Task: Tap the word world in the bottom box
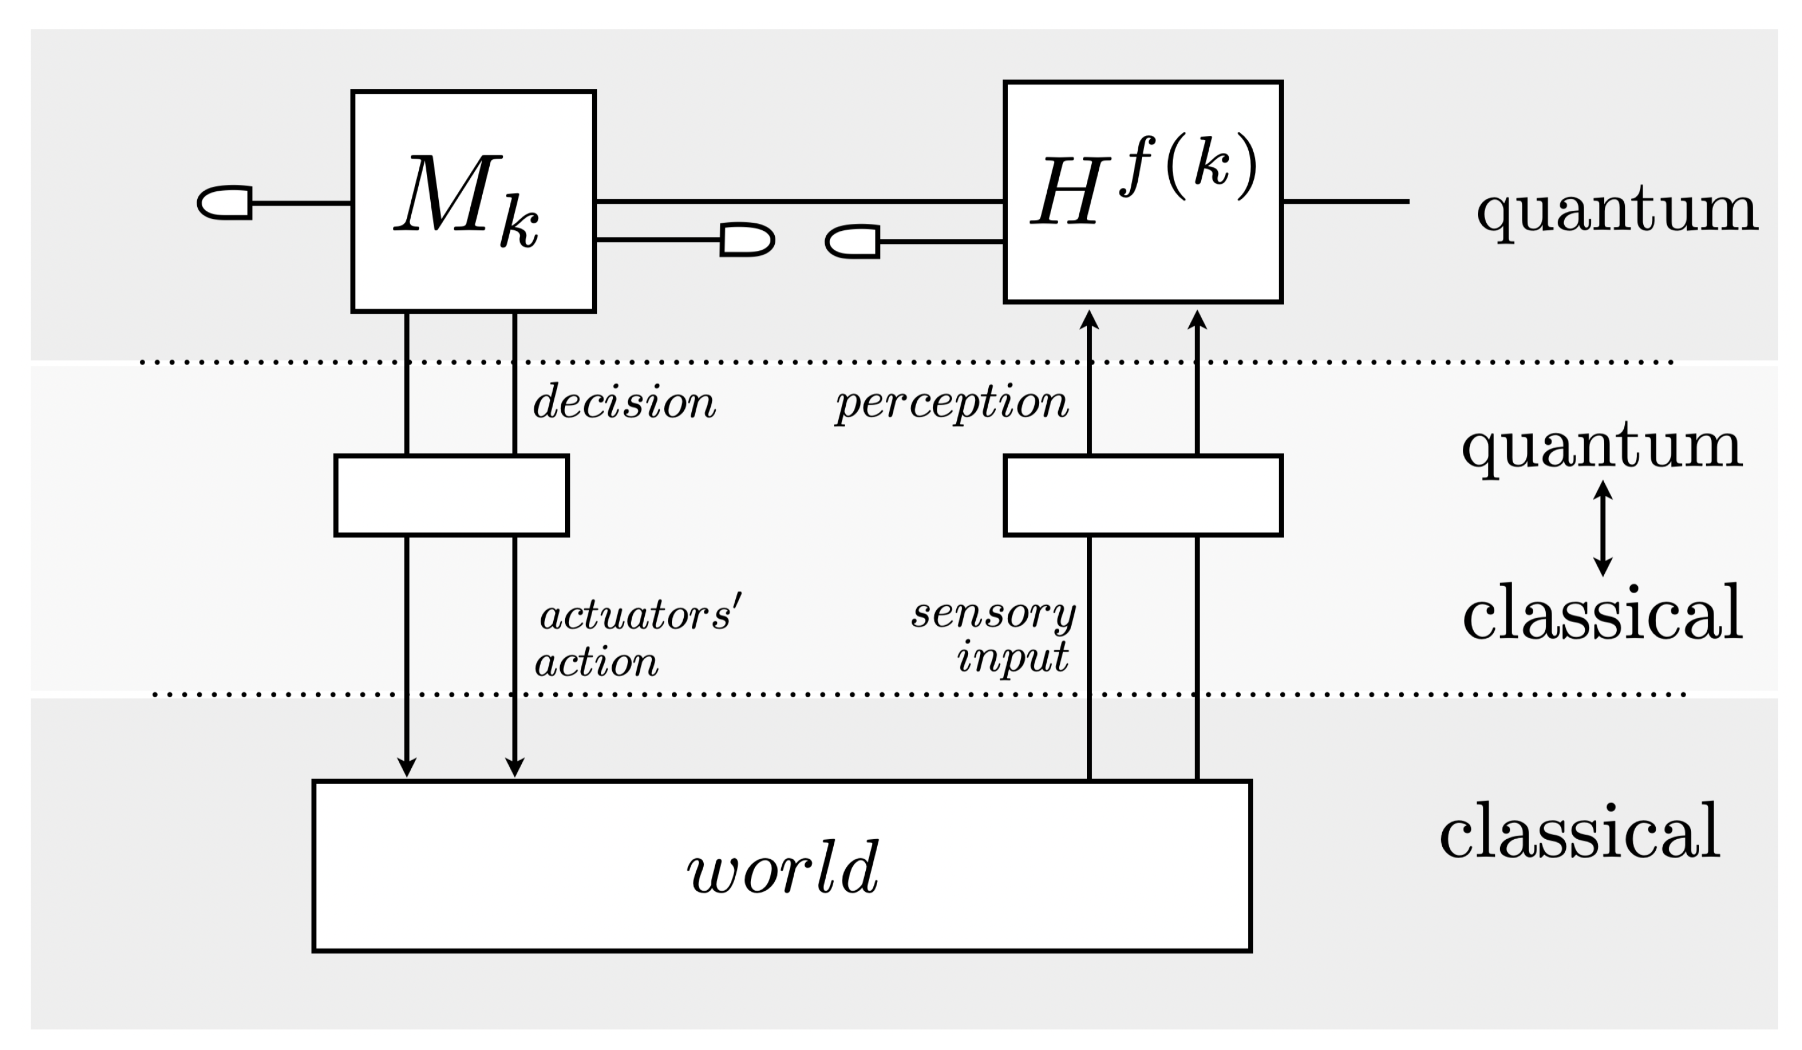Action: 782,867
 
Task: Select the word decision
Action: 624,402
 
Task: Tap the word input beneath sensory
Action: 1013,657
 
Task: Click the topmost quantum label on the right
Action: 1617,211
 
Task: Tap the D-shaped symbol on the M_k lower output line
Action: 747,239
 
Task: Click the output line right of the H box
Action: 1344,202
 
